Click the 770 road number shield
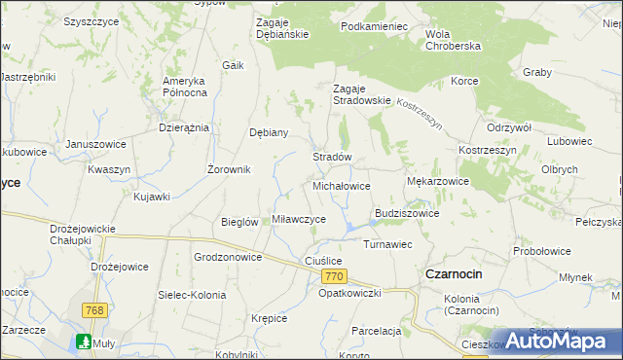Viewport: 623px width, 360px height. [x=332, y=277]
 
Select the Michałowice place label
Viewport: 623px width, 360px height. [x=341, y=185]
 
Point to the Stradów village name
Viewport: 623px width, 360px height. [x=331, y=157]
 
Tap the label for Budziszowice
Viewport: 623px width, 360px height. [x=407, y=213]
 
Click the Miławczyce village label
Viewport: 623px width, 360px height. [x=299, y=219]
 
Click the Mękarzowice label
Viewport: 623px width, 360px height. [x=438, y=181]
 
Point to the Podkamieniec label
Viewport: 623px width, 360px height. [x=374, y=26]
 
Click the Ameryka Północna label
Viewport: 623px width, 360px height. [x=186, y=86]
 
